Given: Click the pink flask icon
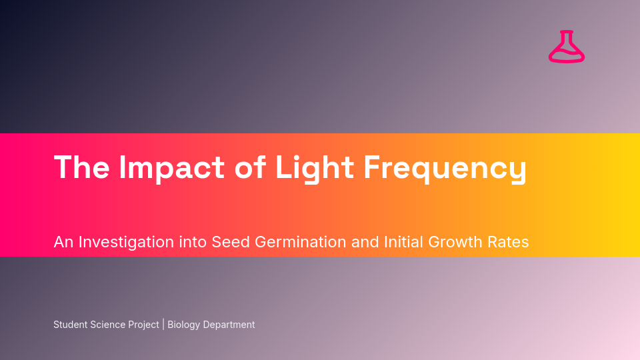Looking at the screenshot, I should click(x=567, y=47).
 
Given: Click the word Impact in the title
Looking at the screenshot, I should click(x=172, y=167).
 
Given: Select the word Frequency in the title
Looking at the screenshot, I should click(x=445, y=167).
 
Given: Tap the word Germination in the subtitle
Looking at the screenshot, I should click(x=301, y=242).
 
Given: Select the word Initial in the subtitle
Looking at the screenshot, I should click(x=405, y=242).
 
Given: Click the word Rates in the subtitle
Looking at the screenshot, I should click(x=511, y=242).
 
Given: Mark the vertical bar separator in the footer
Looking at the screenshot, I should click(x=163, y=325).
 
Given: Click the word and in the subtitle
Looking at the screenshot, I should click(x=365, y=242).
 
